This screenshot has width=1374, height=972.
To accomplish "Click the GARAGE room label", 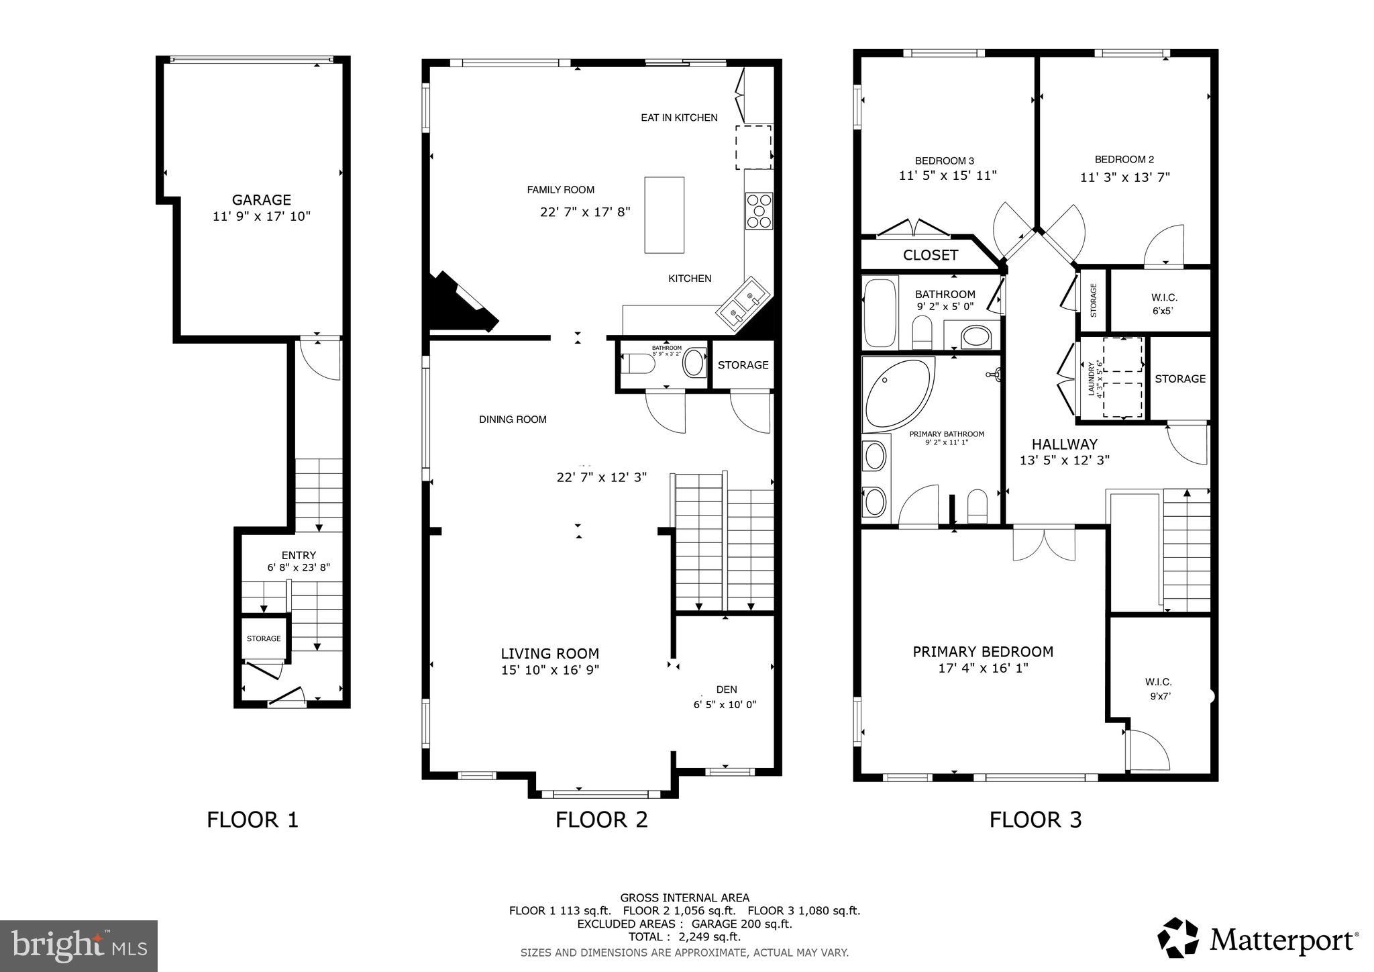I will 261,200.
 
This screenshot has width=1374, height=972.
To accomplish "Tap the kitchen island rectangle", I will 664,215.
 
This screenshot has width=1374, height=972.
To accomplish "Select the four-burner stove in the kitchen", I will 759,211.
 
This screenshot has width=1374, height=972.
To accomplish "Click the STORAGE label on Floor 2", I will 743,365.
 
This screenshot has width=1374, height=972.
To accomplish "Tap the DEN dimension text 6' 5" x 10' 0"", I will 725,705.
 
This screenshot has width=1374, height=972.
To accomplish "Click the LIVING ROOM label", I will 549,654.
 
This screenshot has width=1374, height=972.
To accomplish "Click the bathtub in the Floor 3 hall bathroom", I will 880,313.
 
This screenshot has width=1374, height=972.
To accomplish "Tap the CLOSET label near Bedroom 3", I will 930,255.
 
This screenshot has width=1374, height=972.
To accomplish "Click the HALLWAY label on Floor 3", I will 1064,444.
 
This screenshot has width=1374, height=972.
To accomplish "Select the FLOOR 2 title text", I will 601,820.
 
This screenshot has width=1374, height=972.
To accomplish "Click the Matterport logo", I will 1257,938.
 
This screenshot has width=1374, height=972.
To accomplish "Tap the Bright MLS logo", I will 78,946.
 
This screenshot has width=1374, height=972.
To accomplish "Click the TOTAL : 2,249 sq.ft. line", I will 684,936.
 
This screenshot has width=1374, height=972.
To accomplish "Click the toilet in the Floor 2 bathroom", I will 638,364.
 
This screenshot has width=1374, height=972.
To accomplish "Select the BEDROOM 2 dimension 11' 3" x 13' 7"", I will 1124,178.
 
